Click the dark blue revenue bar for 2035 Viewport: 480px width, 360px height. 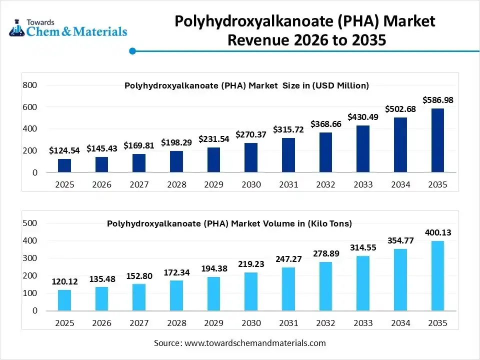pos(437,140)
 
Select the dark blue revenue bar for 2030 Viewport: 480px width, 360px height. pos(251,157)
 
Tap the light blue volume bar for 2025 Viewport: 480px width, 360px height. pos(64,300)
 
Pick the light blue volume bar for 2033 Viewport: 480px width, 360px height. pos(363,283)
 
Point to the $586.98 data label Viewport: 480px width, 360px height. pos(437,100)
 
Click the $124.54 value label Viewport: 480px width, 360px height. pos(64,150)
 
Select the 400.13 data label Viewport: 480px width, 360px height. pos(437,232)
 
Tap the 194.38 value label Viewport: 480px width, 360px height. pos(213,268)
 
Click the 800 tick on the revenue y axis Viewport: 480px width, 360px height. pos(30,85)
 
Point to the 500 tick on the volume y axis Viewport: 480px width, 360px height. pos(30,223)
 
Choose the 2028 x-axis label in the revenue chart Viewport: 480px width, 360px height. pos(176,184)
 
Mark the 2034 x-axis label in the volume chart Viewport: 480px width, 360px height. pos(400,323)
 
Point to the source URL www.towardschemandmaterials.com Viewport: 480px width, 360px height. pos(255,343)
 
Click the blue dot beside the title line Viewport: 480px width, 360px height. pos(132,51)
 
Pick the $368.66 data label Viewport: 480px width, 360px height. pos(326,123)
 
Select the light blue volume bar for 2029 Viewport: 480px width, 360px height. pos(213,293)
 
